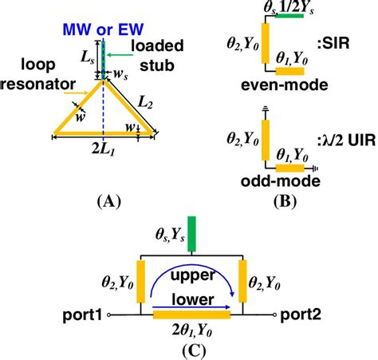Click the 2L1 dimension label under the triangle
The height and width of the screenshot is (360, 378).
[104, 154]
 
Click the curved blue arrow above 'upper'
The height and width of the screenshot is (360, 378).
[191, 274]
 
